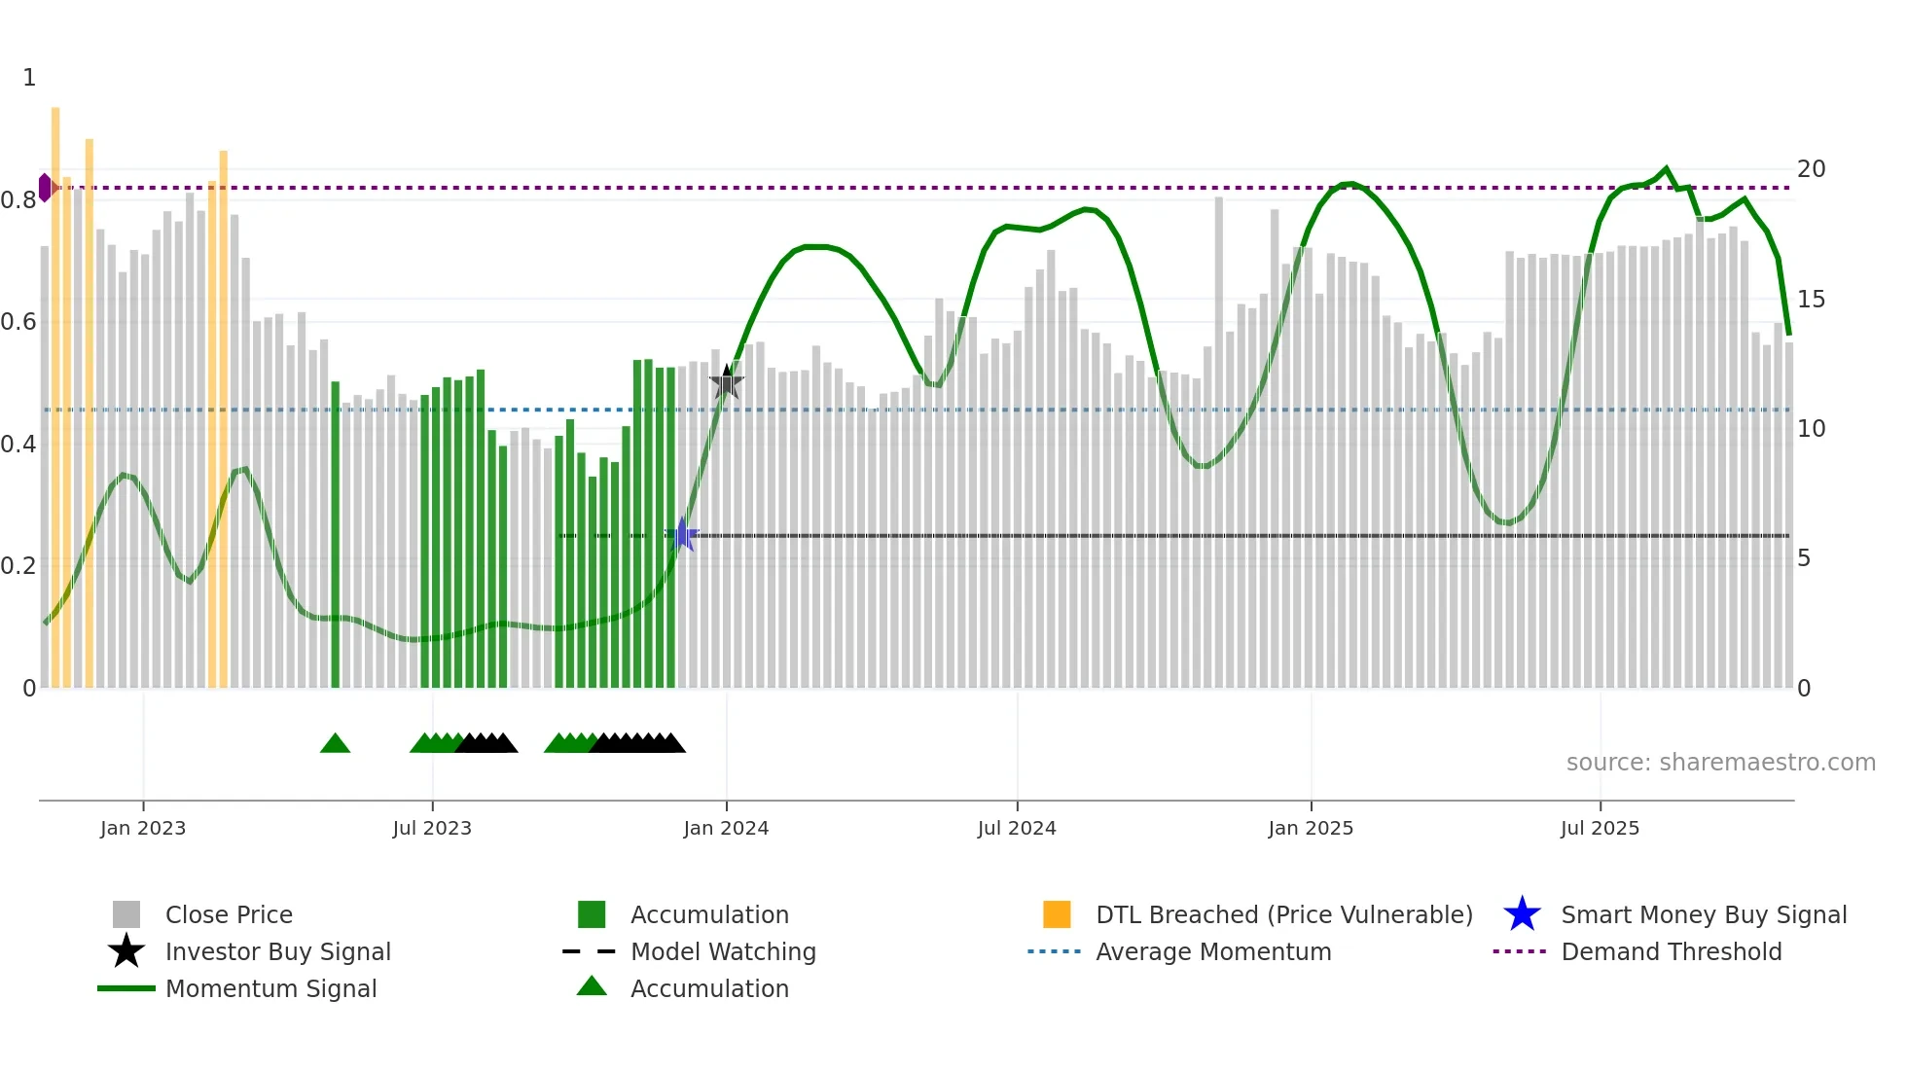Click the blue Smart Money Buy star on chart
pyautogui.click(x=683, y=535)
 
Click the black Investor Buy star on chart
pyautogui.click(x=726, y=382)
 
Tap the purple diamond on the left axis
pyautogui.click(x=45, y=188)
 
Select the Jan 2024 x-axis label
pyautogui.click(x=726, y=828)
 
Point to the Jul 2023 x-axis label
pyautogui.click(x=432, y=828)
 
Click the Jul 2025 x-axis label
pyautogui.click(x=1600, y=828)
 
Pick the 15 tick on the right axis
pyautogui.click(x=1811, y=300)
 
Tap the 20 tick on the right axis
pyautogui.click(x=1811, y=169)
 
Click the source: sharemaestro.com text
pyautogui.click(x=1720, y=763)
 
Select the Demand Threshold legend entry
pyautogui.click(x=1671, y=951)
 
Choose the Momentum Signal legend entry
pyautogui.click(x=270, y=988)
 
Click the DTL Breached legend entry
pyautogui.click(x=1283, y=914)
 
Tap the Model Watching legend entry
pyautogui.click(x=723, y=951)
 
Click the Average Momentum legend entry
pyautogui.click(x=1213, y=951)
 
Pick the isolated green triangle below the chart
pyautogui.click(x=335, y=744)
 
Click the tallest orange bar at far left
pyautogui.click(x=55, y=389)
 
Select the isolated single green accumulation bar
pyautogui.click(x=336, y=535)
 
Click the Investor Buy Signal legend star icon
pyautogui.click(x=126, y=951)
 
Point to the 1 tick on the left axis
pyautogui.click(x=29, y=78)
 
